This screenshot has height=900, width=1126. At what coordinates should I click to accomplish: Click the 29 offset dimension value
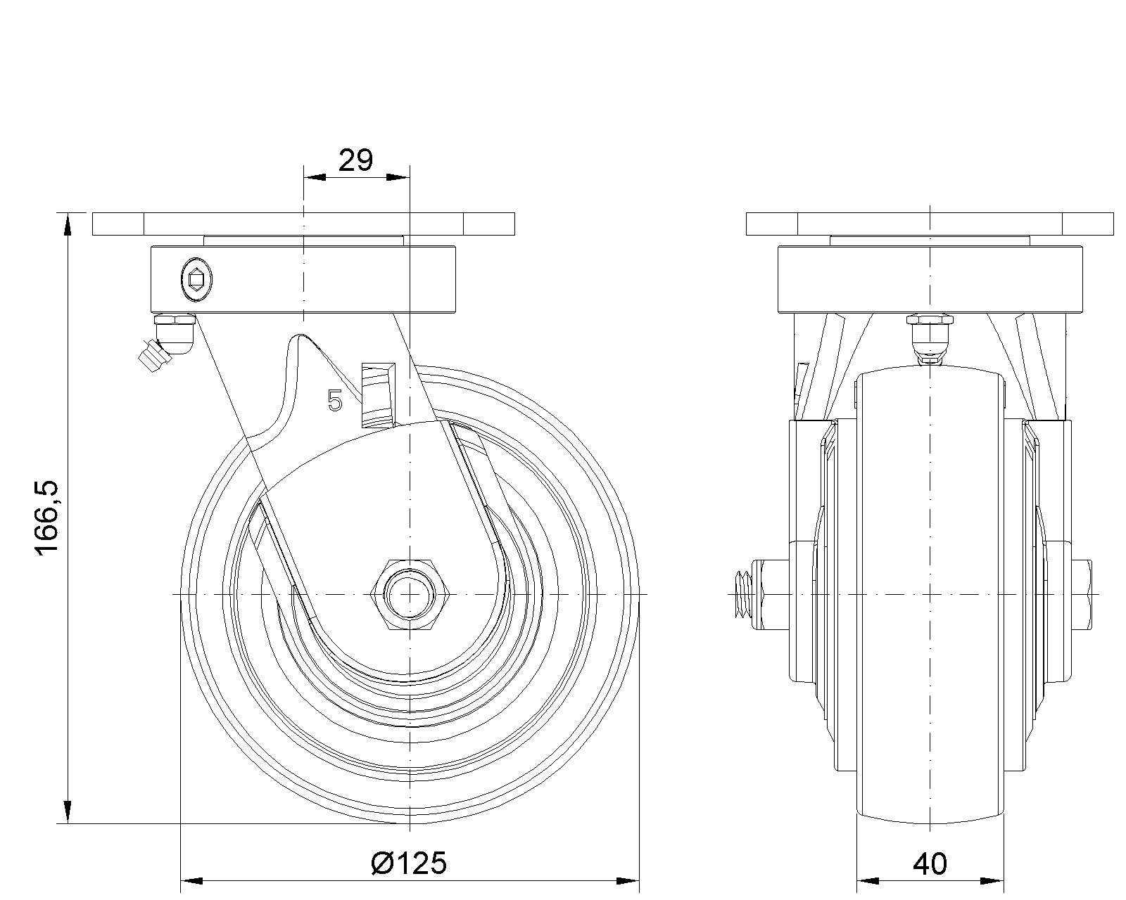[x=356, y=160]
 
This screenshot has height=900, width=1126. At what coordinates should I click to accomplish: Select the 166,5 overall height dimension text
[x=48, y=518]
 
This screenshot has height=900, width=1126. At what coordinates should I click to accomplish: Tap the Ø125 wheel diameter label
[x=409, y=863]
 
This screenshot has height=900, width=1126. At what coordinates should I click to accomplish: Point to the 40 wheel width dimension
[x=930, y=864]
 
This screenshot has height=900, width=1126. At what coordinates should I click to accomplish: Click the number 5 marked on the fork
[x=334, y=401]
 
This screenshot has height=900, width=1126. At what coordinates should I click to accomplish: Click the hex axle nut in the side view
[x=410, y=595]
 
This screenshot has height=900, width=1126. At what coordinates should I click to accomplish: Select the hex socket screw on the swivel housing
[x=196, y=280]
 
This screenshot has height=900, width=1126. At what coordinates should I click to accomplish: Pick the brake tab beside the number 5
[x=378, y=395]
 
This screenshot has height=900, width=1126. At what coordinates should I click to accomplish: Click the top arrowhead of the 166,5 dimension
[x=68, y=226]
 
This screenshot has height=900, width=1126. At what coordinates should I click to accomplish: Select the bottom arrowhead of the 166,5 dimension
[x=68, y=811]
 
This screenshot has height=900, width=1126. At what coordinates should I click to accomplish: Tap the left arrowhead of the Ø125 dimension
[x=191, y=881]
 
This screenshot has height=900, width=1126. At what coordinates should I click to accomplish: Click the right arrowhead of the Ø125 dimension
[x=628, y=881]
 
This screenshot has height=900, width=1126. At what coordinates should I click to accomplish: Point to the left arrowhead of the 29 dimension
[x=315, y=177]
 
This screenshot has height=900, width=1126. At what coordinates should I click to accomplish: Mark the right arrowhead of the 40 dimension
[x=992, y=881]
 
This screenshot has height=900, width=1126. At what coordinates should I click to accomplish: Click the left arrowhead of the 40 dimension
[x=868, y=881]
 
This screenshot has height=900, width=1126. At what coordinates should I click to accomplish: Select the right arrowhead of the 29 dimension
[x=398, y=177]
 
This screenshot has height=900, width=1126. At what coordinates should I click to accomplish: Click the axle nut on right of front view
[x=1083, y=595]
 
